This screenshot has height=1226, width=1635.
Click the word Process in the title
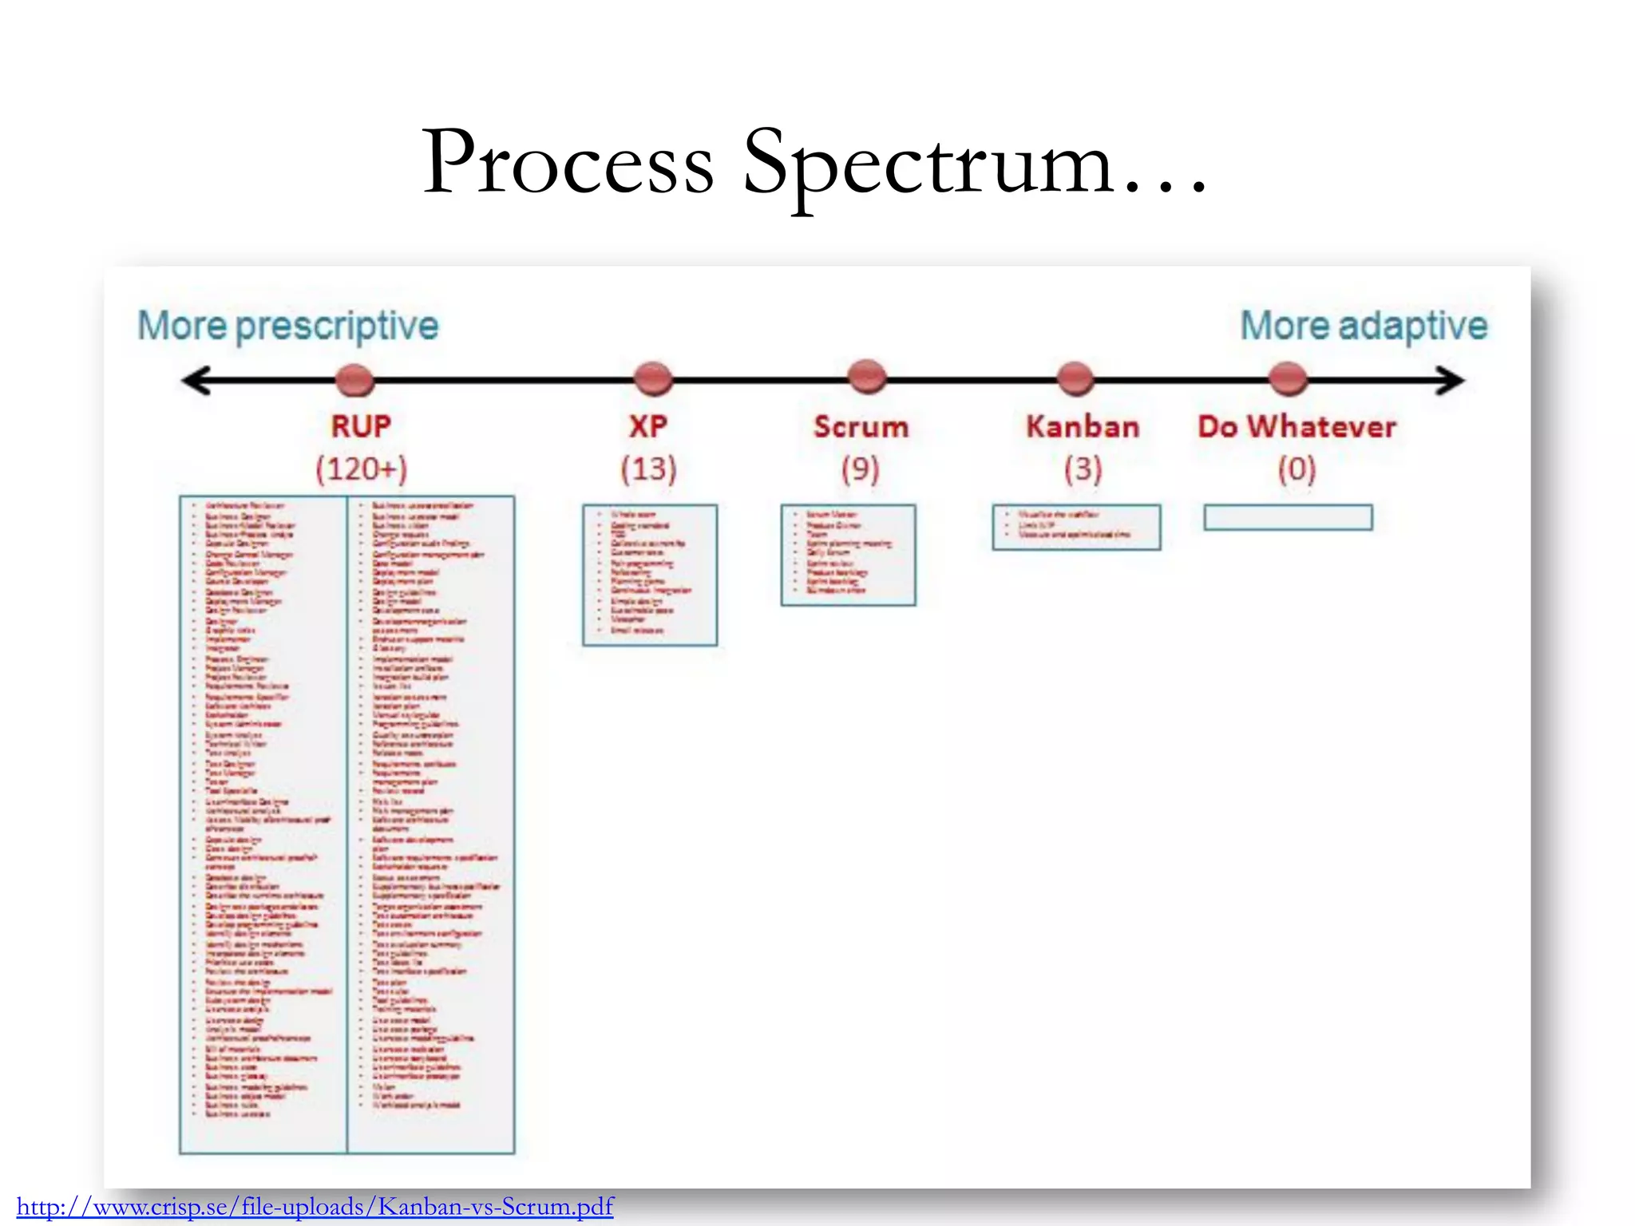click(568, 163)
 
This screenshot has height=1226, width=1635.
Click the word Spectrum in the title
click(928, 163)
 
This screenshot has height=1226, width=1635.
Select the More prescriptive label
click(288, 326)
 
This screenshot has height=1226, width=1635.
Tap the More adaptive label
click(1364, 326)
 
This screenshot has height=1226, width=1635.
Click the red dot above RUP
click(355, 380)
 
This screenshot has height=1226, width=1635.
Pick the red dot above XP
click(653, 378)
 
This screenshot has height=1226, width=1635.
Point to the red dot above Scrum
click(867, 377)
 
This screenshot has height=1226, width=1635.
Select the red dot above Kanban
click(1075, 378)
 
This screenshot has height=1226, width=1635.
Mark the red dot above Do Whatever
click(1288, 378)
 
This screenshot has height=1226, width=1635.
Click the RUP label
click(361, 426)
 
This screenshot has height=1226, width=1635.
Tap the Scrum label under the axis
click(861, 427)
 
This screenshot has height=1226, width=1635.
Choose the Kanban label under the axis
click(1083, 427)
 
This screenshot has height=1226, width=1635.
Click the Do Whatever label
click(1297, 427)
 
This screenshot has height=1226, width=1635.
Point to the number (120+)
click(361, 469)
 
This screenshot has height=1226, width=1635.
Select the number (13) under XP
click(648, 469)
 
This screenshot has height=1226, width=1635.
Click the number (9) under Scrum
click(860, 469)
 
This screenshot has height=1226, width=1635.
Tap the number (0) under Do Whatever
click(1297, 469)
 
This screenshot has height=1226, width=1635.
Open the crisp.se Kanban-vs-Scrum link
click(315, 1206)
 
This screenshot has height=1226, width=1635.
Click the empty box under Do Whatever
click(1288, 517)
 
